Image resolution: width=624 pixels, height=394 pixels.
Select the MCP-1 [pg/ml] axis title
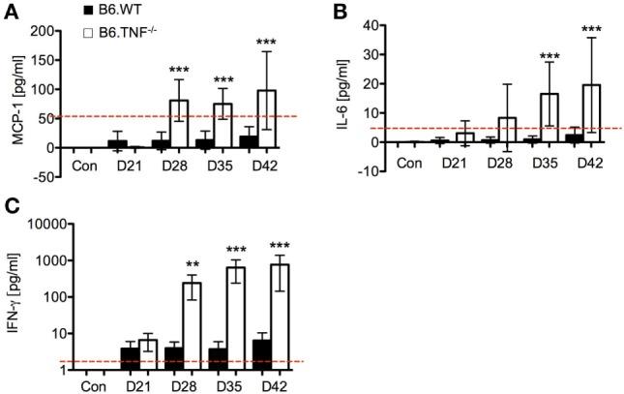point(17,89)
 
